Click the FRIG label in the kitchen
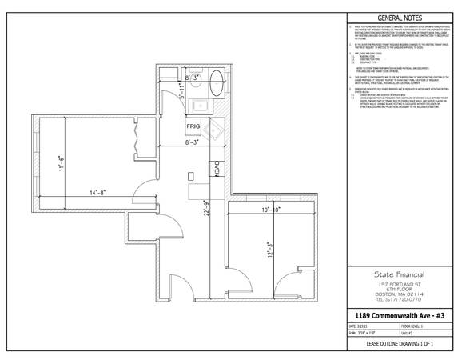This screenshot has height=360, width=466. [x=193, y=127]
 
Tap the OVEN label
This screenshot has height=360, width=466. [x=216, y=169]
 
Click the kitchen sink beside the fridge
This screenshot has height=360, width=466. [x=212, y=128]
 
